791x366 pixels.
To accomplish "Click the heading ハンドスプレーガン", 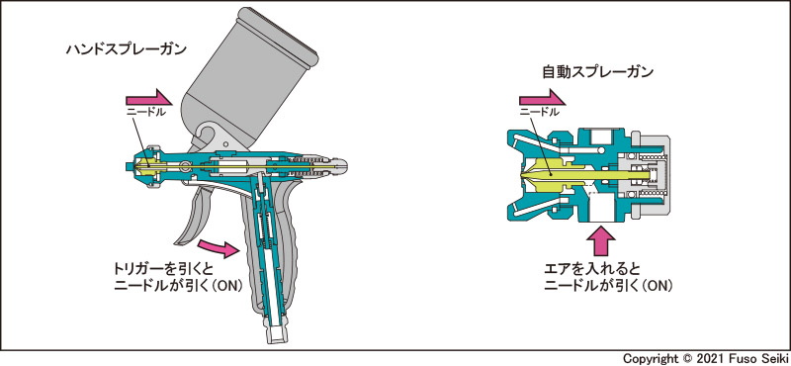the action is [127, 49].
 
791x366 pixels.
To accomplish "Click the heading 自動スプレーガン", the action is [598, 72].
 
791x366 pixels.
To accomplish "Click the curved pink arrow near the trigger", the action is [219, 248].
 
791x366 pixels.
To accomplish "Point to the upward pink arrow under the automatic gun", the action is [602, 239].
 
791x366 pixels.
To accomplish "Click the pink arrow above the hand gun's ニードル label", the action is [149, 97].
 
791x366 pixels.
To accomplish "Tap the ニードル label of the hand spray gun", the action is [145, 112].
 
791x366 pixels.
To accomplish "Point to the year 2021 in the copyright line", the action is [709, 358].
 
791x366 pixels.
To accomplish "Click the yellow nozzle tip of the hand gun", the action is [147, 164].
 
